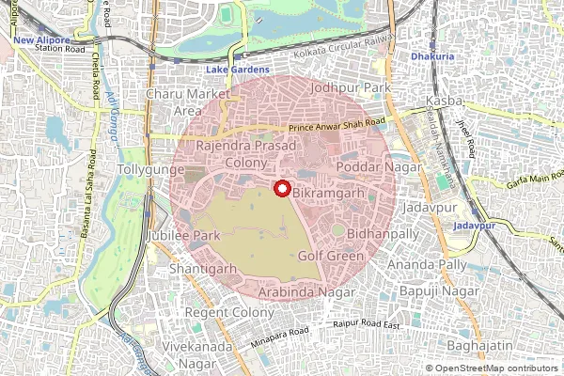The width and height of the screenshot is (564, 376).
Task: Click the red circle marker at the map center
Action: [x=281, y=188]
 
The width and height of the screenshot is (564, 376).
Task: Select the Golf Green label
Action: [x=330, y=255]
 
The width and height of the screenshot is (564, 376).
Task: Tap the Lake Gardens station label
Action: [x=238, y=70]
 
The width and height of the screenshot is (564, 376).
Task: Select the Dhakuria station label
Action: [x=432, y=57]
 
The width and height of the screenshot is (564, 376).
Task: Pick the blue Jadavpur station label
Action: [x=474, y=227]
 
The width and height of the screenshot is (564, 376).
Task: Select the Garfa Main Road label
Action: [x=516, y=174]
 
